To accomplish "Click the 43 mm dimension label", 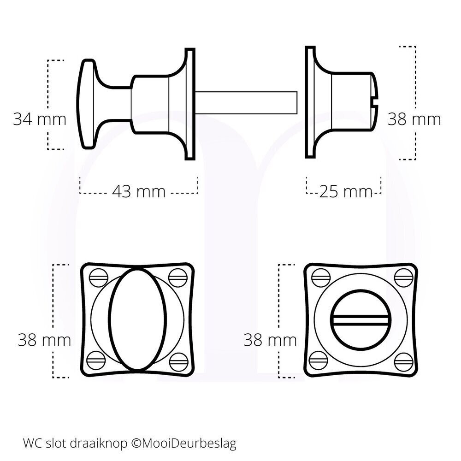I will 138,191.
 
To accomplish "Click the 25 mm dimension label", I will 345,191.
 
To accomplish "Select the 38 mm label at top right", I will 414,119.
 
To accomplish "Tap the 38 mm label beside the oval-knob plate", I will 44,340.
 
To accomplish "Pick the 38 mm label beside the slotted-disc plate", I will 270,340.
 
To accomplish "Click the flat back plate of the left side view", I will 189,104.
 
